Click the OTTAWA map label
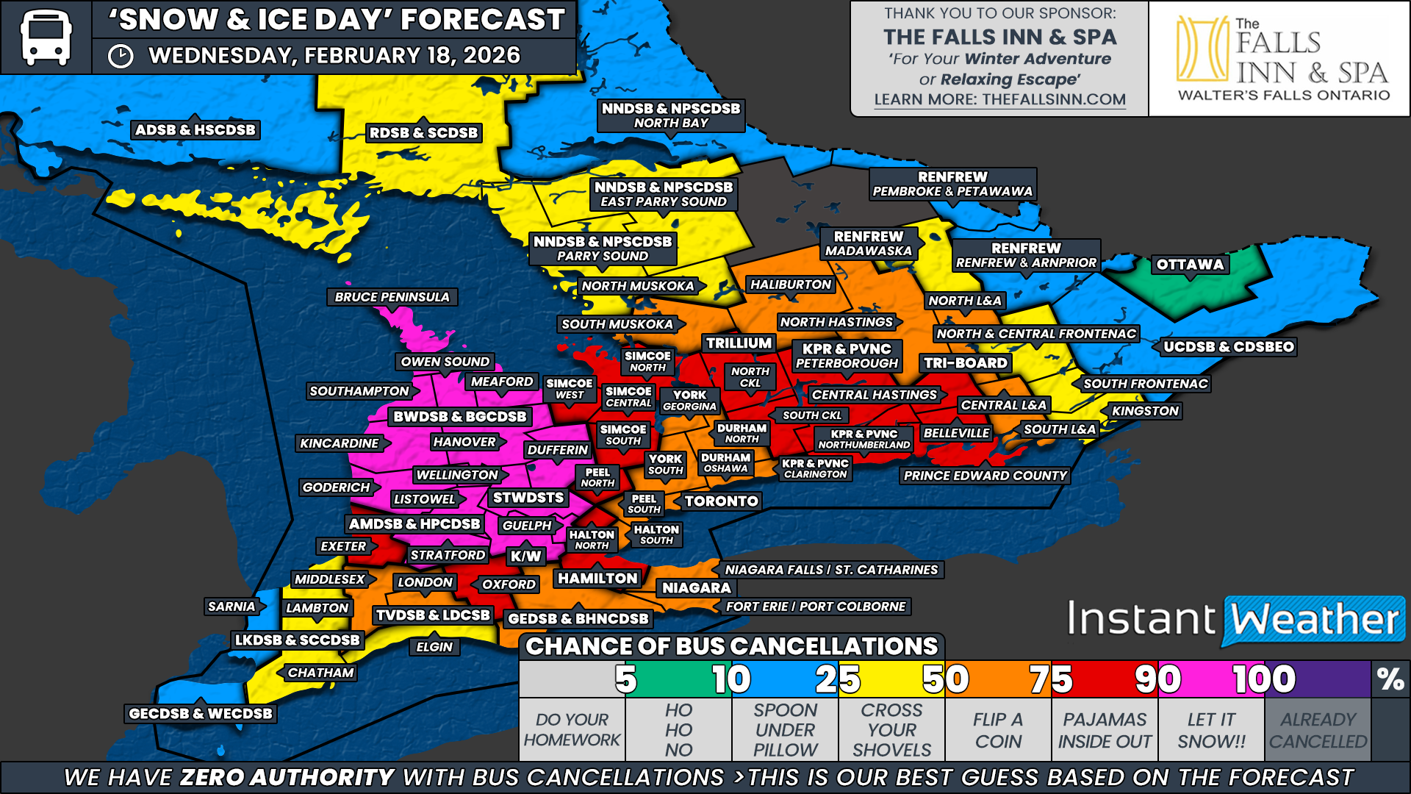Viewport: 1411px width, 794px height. point(1190,265)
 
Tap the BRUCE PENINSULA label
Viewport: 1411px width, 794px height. point(392,297)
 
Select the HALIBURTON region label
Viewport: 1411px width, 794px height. point(790,285)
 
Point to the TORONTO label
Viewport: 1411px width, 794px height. point(721,501)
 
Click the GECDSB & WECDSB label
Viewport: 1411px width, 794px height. point(200,713)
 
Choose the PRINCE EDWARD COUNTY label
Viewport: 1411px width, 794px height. point(985,476)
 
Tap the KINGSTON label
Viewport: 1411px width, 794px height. point(1145,411)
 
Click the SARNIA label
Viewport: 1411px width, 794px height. point(231,607)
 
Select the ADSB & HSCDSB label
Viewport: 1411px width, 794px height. point(195,130)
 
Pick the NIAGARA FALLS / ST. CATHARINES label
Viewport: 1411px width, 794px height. point(831,570)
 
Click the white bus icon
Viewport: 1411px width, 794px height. point(46,37)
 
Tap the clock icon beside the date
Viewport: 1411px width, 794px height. point(121,57)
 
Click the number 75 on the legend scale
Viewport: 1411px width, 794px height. point(1050,679)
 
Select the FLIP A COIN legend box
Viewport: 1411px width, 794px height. point(998,730)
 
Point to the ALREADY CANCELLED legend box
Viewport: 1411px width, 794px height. point(1318,730)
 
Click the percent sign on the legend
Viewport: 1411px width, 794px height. point(1390,679)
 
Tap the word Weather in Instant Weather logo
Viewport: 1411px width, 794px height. point(1314,620)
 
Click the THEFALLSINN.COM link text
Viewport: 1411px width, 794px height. point(1054,99)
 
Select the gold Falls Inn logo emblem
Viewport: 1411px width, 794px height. point(1202,49)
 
